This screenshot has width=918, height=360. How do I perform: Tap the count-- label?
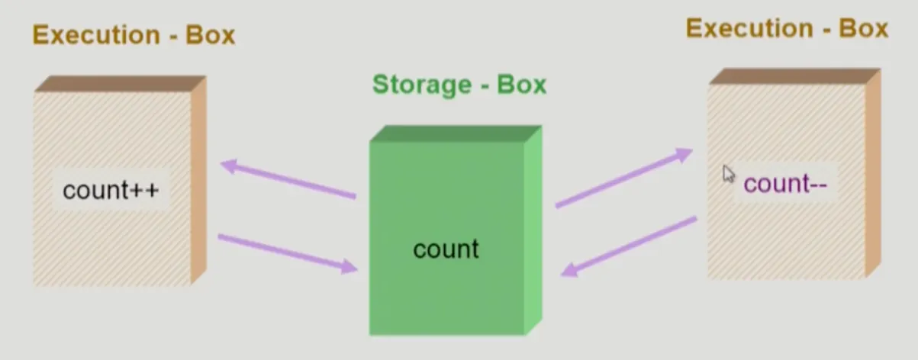(x=785, y=184)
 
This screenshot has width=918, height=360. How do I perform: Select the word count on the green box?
(x=446, y=249)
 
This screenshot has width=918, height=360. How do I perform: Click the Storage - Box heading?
(x=459, y=84)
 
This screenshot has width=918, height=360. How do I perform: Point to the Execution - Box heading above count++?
(x=134, y=35)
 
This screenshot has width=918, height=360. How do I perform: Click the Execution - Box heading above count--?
(x=787, y=28)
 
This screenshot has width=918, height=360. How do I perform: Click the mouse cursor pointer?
(x=728, y=174)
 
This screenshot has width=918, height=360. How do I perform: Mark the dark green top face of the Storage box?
(x=456, y=133)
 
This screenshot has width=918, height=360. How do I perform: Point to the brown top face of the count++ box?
(x=121, y=83)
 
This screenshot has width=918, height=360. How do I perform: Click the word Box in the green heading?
(x=522, y=84)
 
